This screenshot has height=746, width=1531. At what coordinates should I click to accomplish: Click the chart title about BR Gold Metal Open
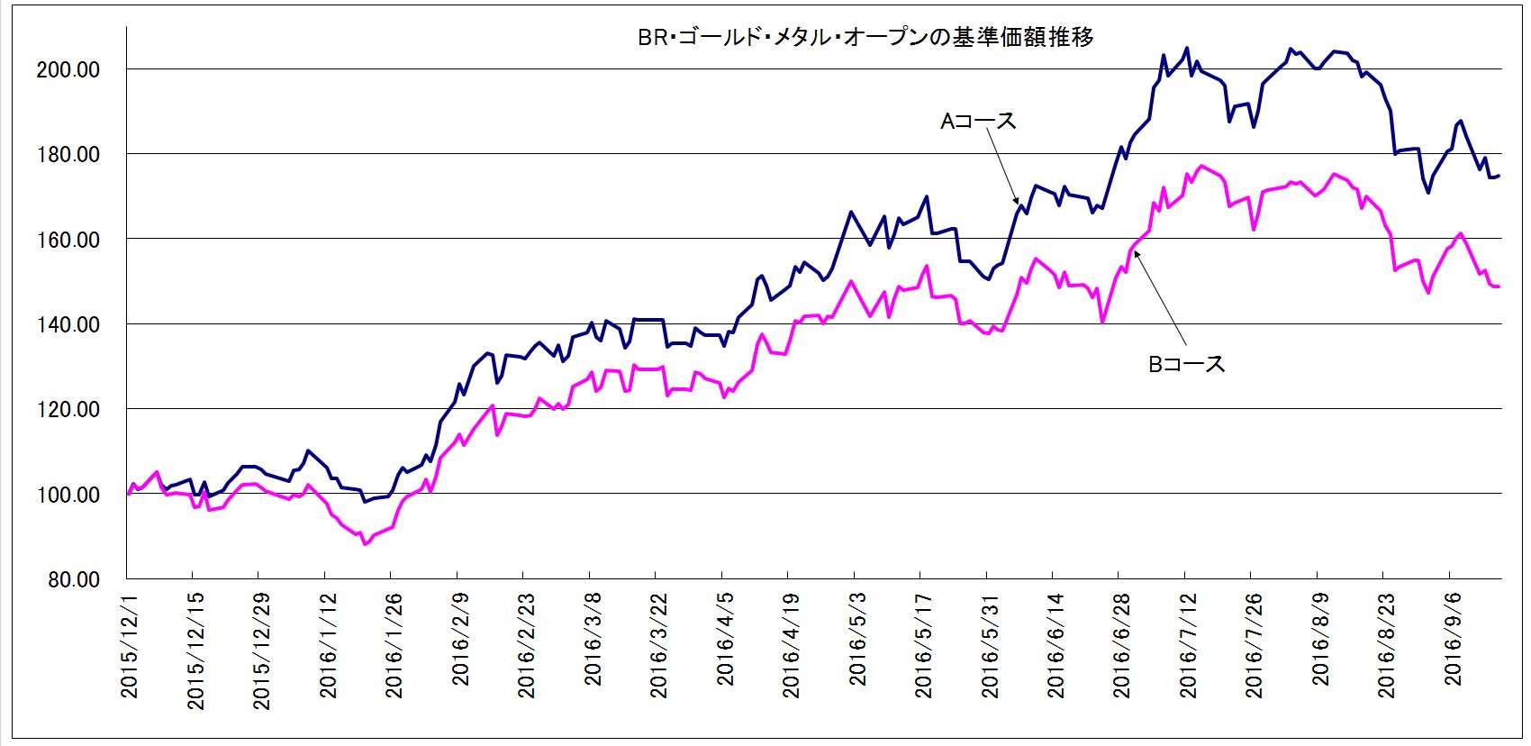[x=865, y=38]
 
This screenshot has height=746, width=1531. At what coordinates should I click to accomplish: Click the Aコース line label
[x=977, y=121]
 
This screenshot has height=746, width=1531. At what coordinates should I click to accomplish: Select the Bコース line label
[x=1186, y=364]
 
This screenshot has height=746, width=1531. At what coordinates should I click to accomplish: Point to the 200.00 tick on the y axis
[x=68, y=69]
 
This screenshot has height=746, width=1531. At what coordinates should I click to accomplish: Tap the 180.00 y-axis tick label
[x=68, y=155]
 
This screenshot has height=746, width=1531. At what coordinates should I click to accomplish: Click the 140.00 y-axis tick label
[x=68, y=324]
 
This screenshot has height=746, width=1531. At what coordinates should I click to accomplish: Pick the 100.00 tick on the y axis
[x=68, y=495]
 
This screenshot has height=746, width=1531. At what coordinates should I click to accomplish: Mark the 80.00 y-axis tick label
[x=73, y=579]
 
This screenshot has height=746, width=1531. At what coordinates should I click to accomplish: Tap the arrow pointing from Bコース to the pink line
[x=1161, y=297]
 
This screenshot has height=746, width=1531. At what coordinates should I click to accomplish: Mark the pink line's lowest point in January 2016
[x=365, y=544]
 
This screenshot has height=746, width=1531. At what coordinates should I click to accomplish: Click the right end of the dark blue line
[x=1499, y=176]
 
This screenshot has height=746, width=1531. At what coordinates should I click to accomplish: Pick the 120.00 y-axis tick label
[x=68, y=410]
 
